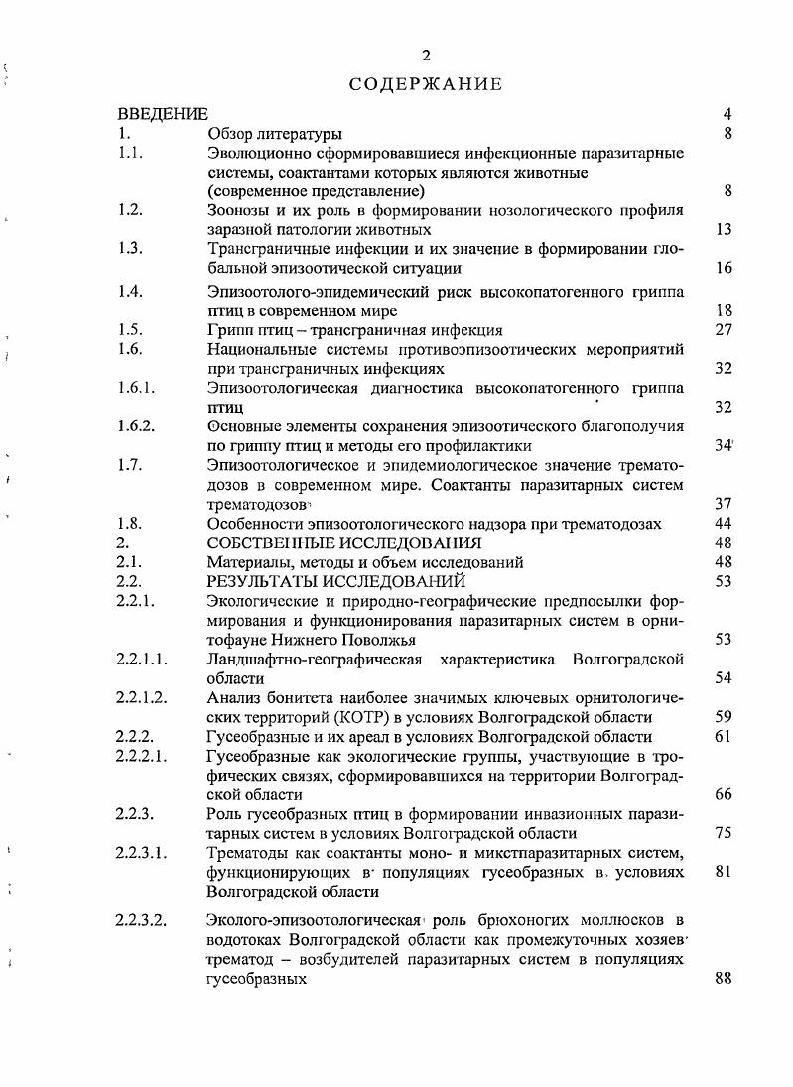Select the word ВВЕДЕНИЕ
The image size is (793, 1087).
click(163, 115)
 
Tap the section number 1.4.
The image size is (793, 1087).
click(130, 291)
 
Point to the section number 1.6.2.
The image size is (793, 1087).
click(136, 426)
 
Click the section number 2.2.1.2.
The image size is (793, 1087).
click(145, 697)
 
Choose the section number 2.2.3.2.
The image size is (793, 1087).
click(145, 920)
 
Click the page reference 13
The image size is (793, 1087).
click(723, 230)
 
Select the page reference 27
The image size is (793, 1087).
click(723, 330)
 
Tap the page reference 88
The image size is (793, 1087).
click(723, 979)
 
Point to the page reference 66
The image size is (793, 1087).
click(723, 794)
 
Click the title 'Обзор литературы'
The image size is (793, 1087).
click(275, 134)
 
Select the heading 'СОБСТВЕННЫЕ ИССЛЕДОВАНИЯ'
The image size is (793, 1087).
click(344, 543)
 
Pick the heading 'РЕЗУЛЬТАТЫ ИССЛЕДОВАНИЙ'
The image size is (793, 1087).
click(335, 581)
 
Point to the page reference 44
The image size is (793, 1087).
click(723, 524)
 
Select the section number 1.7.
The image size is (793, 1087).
click(130, 465)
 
